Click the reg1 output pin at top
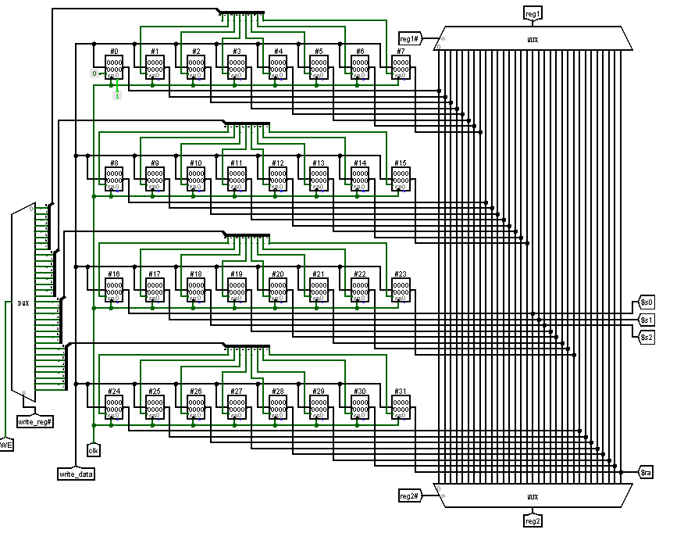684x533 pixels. tap(533, 14)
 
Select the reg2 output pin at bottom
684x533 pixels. tap(533, 520)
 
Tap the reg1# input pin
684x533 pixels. tap(411, 39)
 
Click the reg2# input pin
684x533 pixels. tap(411, 495)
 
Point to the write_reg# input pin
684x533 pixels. tap(35, 421)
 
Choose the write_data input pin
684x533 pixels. tap(77, 474)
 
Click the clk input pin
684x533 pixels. tap(94, 450)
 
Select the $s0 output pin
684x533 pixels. tap(647, 302)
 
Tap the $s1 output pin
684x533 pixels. tap(647, 320)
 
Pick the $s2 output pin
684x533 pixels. tap(647, 338)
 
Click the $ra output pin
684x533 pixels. tap(646, 472)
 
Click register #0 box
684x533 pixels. tap(114, 69)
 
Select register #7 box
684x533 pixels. tap(401, 69)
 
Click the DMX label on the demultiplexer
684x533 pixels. tap(23, 302)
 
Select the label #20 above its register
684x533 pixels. tap(277, 274)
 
